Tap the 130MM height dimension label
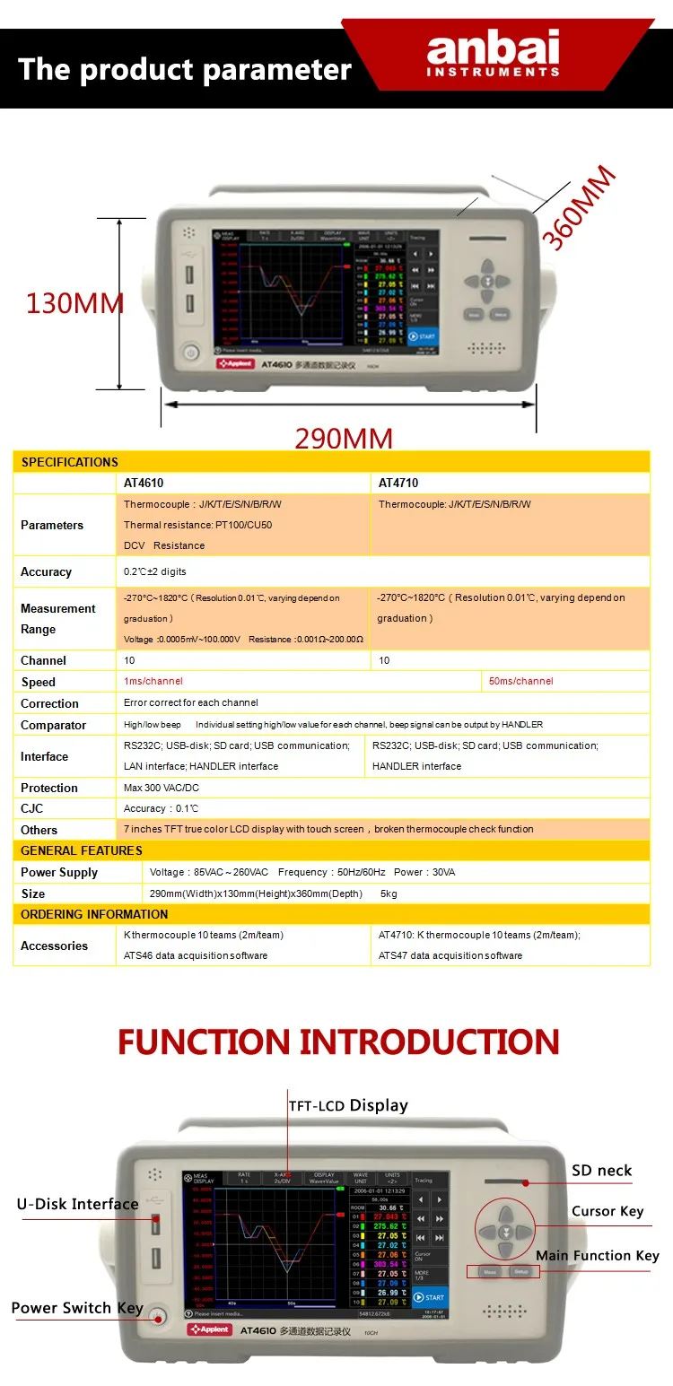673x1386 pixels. coord(74,303)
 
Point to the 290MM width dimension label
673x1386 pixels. coord(344,439)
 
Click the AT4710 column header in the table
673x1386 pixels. coord(398,483)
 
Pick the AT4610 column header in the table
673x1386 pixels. coord(144,483)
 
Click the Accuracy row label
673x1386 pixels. coord(46,571)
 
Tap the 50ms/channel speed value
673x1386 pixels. coord(520,681)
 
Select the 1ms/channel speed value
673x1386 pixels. coord(153,681)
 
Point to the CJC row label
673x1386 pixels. coord(31,808)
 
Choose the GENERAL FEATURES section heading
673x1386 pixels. coord(82,850)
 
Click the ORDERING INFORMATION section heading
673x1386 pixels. coord(94,914)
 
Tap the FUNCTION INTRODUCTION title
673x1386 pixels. coord(338,1042)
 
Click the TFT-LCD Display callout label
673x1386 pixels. coord(348,1105)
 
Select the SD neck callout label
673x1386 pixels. coord(601,1170)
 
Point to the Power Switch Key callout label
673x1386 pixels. coord(77,1307)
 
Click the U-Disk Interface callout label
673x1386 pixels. coord(77,1204)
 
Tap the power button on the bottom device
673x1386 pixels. coord(157,1317)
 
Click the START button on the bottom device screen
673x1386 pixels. coord(430,1297)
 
